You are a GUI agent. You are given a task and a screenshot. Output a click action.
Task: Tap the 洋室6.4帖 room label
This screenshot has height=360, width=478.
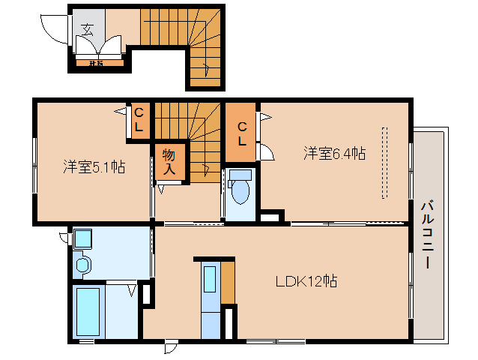tap(334, 154)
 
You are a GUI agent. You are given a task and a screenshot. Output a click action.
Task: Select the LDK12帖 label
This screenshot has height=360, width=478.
tap(305, 281)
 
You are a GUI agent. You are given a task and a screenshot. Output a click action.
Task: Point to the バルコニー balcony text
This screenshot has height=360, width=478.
tap(427, 235)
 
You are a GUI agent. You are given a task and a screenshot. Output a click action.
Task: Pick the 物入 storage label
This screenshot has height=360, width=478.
tap(169, 162)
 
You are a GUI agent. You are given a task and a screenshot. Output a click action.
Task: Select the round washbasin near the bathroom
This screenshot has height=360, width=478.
tap(82, 265)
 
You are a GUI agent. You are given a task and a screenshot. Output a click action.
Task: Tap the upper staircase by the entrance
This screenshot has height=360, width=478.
tap(180, 30)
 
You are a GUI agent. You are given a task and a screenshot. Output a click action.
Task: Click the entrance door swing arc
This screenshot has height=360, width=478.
tap(54, 30)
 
